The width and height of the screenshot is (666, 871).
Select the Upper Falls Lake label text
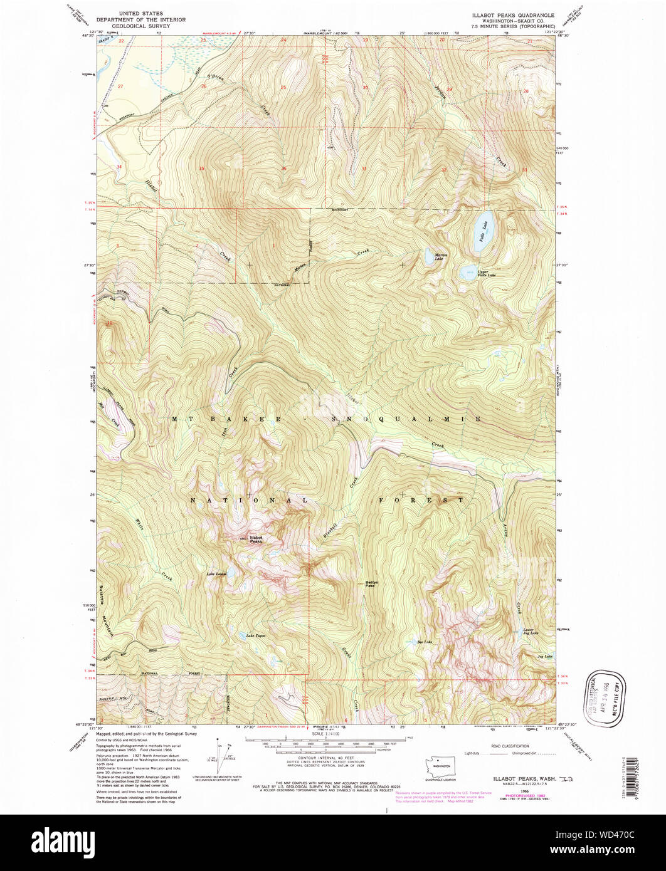click(x=487, y=274)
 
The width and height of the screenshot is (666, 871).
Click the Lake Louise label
click(x=216, y=573)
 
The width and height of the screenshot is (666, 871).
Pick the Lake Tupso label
click(x=245, y=635)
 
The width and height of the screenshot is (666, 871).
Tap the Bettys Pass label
click(x=371, y=584)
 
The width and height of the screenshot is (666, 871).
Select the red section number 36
click(x=284, y=169)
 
